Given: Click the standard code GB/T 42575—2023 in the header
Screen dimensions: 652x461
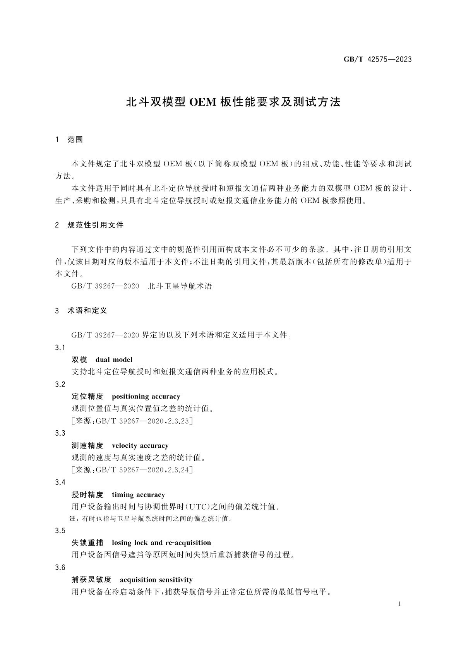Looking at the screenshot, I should click(378, 59).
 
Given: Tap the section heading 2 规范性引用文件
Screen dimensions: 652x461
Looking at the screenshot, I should click(89, 225).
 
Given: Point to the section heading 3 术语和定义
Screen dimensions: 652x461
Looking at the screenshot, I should click(81, 310).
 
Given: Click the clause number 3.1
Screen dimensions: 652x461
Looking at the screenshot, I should click(60, 347).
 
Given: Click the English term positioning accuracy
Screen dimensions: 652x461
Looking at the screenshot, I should click(146, 396).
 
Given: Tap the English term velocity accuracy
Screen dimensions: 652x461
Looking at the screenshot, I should click(140, 445).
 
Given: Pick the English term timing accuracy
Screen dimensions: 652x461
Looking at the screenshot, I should click(138, 495).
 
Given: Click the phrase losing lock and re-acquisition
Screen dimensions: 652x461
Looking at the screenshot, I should click(161, 542).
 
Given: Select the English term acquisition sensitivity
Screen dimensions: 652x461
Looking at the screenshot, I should click(156, 580).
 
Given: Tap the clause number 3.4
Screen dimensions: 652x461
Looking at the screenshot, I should click(60, 482).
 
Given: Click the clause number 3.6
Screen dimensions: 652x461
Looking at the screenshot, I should click(60, 567).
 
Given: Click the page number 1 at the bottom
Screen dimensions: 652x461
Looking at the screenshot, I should click(399, 604).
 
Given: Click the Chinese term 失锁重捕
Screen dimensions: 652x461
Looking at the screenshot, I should click(87, 542).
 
